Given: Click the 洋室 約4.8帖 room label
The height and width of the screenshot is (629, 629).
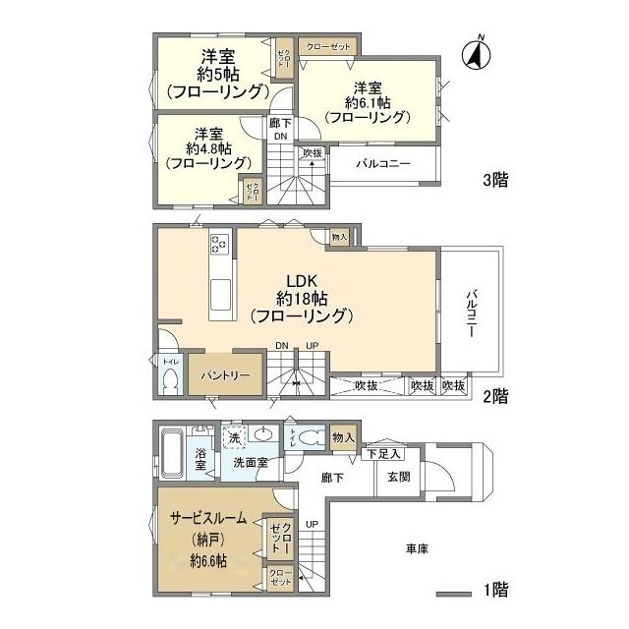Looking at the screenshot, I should click(206, 148).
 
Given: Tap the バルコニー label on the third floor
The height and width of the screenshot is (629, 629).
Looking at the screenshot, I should click(382, 163).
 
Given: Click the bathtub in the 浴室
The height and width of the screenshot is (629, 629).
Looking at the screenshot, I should click(168, 454).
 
